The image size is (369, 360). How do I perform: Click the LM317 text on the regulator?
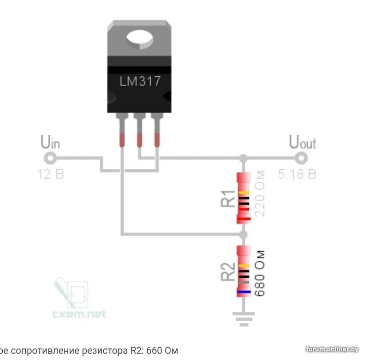[x=140, y=82]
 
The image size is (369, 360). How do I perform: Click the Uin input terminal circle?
[x=50, y=158]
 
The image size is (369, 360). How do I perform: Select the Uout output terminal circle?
[x=302, y=158]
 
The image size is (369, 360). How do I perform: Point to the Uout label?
[x=302, y=142]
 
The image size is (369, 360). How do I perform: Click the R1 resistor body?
[x=244, y=198]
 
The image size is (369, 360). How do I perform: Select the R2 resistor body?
[x=244, y=271]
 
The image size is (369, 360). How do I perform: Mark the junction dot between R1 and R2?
[x=244, y=234]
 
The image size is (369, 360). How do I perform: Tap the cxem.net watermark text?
[x=78, y=314]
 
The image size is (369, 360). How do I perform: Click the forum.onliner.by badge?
[x=332, y=349]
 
